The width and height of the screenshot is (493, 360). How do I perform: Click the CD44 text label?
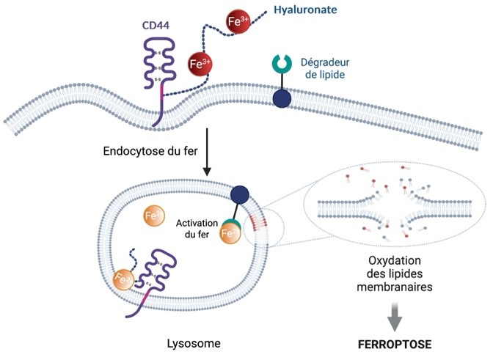click(x=156, y=26)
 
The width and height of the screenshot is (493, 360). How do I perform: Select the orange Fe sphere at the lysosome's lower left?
click(x=125, y=279)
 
